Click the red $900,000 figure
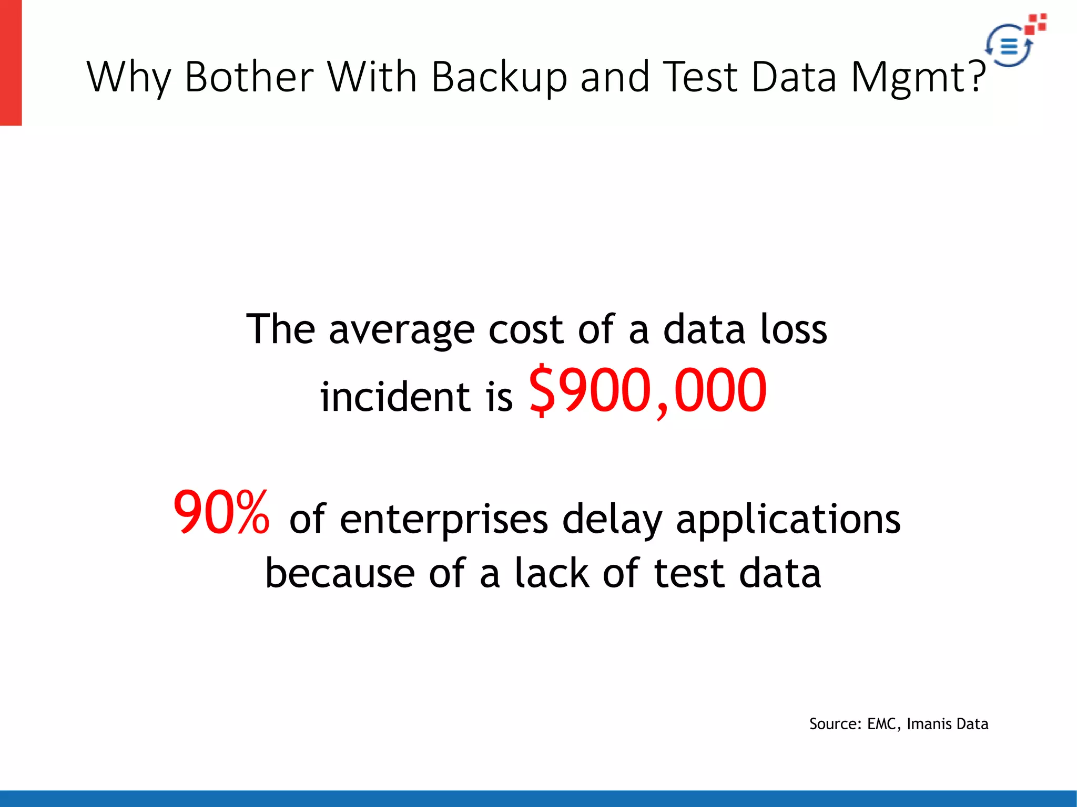point(647,391)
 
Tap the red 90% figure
point(221,512)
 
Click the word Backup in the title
point(499,77)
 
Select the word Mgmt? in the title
point(918,77)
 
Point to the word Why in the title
point(129,77)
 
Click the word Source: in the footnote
point(835,724)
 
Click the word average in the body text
point(401,330)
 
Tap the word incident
point(394,397)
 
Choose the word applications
point(788,519)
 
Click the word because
point(340,574)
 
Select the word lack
point(552,574)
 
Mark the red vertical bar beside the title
point(11,63)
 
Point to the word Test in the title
point(700,77)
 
